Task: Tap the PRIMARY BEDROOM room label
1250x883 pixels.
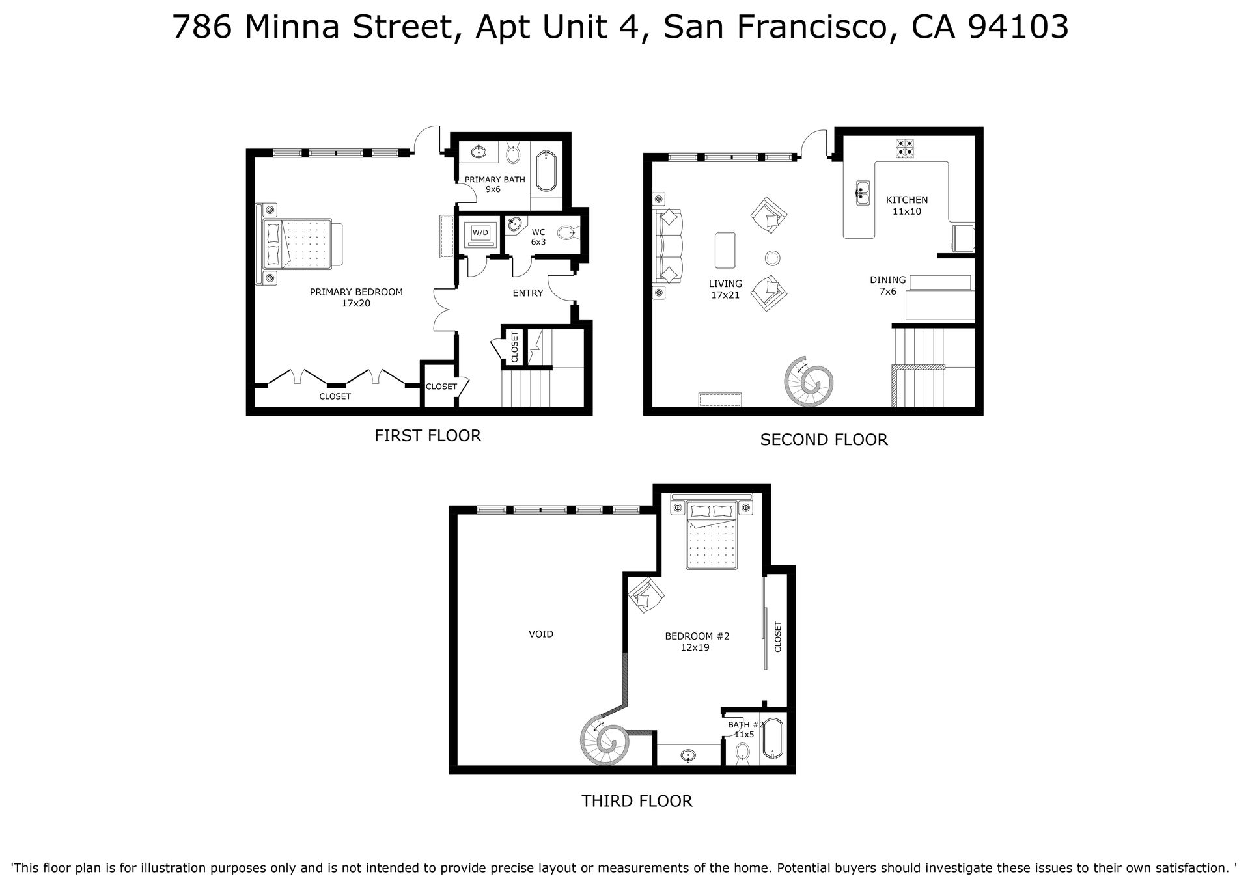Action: coord(356,292)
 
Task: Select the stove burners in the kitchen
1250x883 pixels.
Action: coord(905,148)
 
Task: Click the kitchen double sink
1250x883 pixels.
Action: coord(863,192)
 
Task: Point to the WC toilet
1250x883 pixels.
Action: coord(566,232)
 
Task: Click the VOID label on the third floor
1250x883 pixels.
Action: coord(541,634)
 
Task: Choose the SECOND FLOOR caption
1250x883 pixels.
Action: coord(824,440)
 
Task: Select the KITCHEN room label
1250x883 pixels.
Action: coord(907,200)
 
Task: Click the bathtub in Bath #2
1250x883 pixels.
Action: coord(773,739)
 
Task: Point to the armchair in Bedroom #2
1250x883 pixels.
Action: coord(646,594)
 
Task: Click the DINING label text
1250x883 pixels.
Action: coord(888,280)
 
